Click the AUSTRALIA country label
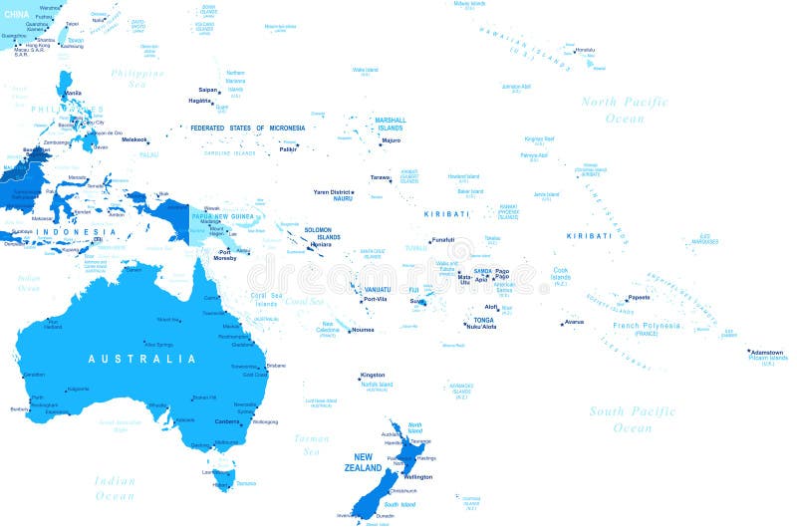pyautogui.click(x=133, y=359)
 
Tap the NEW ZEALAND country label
pyautogui.click(x=363, y=462)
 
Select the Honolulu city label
pyautogui.click(x=585, y=50)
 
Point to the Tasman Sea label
pyautogui.click(x=311, y=444)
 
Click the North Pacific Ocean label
pyautogui.click(x=626, y=110)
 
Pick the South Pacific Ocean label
pyautogui.click(x=633, y=419)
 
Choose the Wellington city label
pyautogui.click(x=418, y=477)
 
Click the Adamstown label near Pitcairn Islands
pyautogui.click(x=766, y=352)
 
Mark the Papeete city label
pyautogui.click(x=638, y=297)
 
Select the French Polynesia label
pyautogui.click(x=648, y=326)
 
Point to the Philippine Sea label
pyautogui.click(x=137, y=79)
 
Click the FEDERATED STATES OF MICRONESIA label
pyautogui.click(x=247, y=128)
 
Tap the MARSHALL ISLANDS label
pyautogui.click(x=389, y=125)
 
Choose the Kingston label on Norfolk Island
pyautogui.click(x=372, y=375)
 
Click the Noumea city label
pyautogui.click(x=362, y=330)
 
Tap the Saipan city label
pyautogui.click(x=208, y=90)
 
